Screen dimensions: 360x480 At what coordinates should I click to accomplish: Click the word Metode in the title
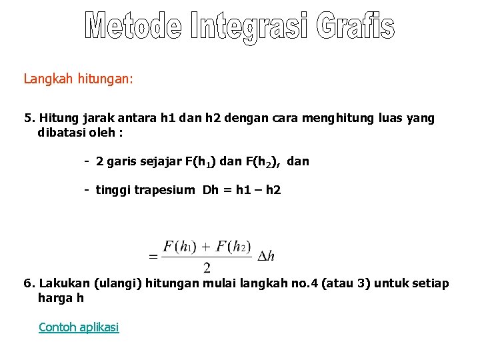click(133, 26)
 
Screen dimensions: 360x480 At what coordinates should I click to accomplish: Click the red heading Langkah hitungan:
click(79, 79)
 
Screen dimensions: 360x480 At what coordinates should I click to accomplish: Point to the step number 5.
click(28, 119)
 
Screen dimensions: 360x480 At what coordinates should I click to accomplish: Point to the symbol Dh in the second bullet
click(210, 190)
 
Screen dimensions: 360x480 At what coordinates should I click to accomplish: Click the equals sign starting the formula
click(153, 255)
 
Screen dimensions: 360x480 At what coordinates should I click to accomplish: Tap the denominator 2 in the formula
click(207, 267)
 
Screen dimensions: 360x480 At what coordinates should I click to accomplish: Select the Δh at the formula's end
click(266, 255)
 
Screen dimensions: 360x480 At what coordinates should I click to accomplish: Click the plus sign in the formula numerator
click(207, 247)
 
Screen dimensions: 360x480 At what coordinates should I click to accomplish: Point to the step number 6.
click(28, 283)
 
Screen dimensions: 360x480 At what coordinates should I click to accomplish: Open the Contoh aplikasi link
click(79, 327)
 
